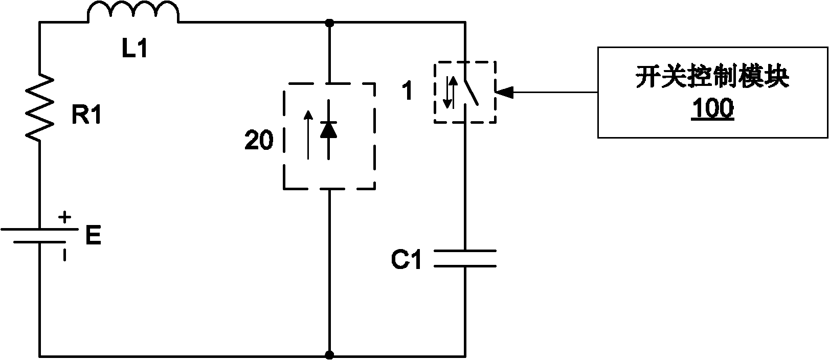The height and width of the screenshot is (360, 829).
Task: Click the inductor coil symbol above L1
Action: (134, 13)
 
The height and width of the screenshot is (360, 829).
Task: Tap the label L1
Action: (133, 50)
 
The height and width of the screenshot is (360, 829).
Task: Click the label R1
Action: (86, 117)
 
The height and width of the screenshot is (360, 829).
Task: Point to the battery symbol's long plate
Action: (40, 229)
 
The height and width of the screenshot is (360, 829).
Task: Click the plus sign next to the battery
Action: (64, 217)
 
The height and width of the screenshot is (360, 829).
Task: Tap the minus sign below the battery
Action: (64, 254)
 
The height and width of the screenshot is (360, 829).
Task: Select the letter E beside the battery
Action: (93, 237)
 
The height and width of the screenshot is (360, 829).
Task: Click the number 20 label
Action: (259, 141)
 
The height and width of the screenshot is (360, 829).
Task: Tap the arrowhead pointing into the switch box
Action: (504, 93)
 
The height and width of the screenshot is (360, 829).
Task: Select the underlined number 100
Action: (712, 109)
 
